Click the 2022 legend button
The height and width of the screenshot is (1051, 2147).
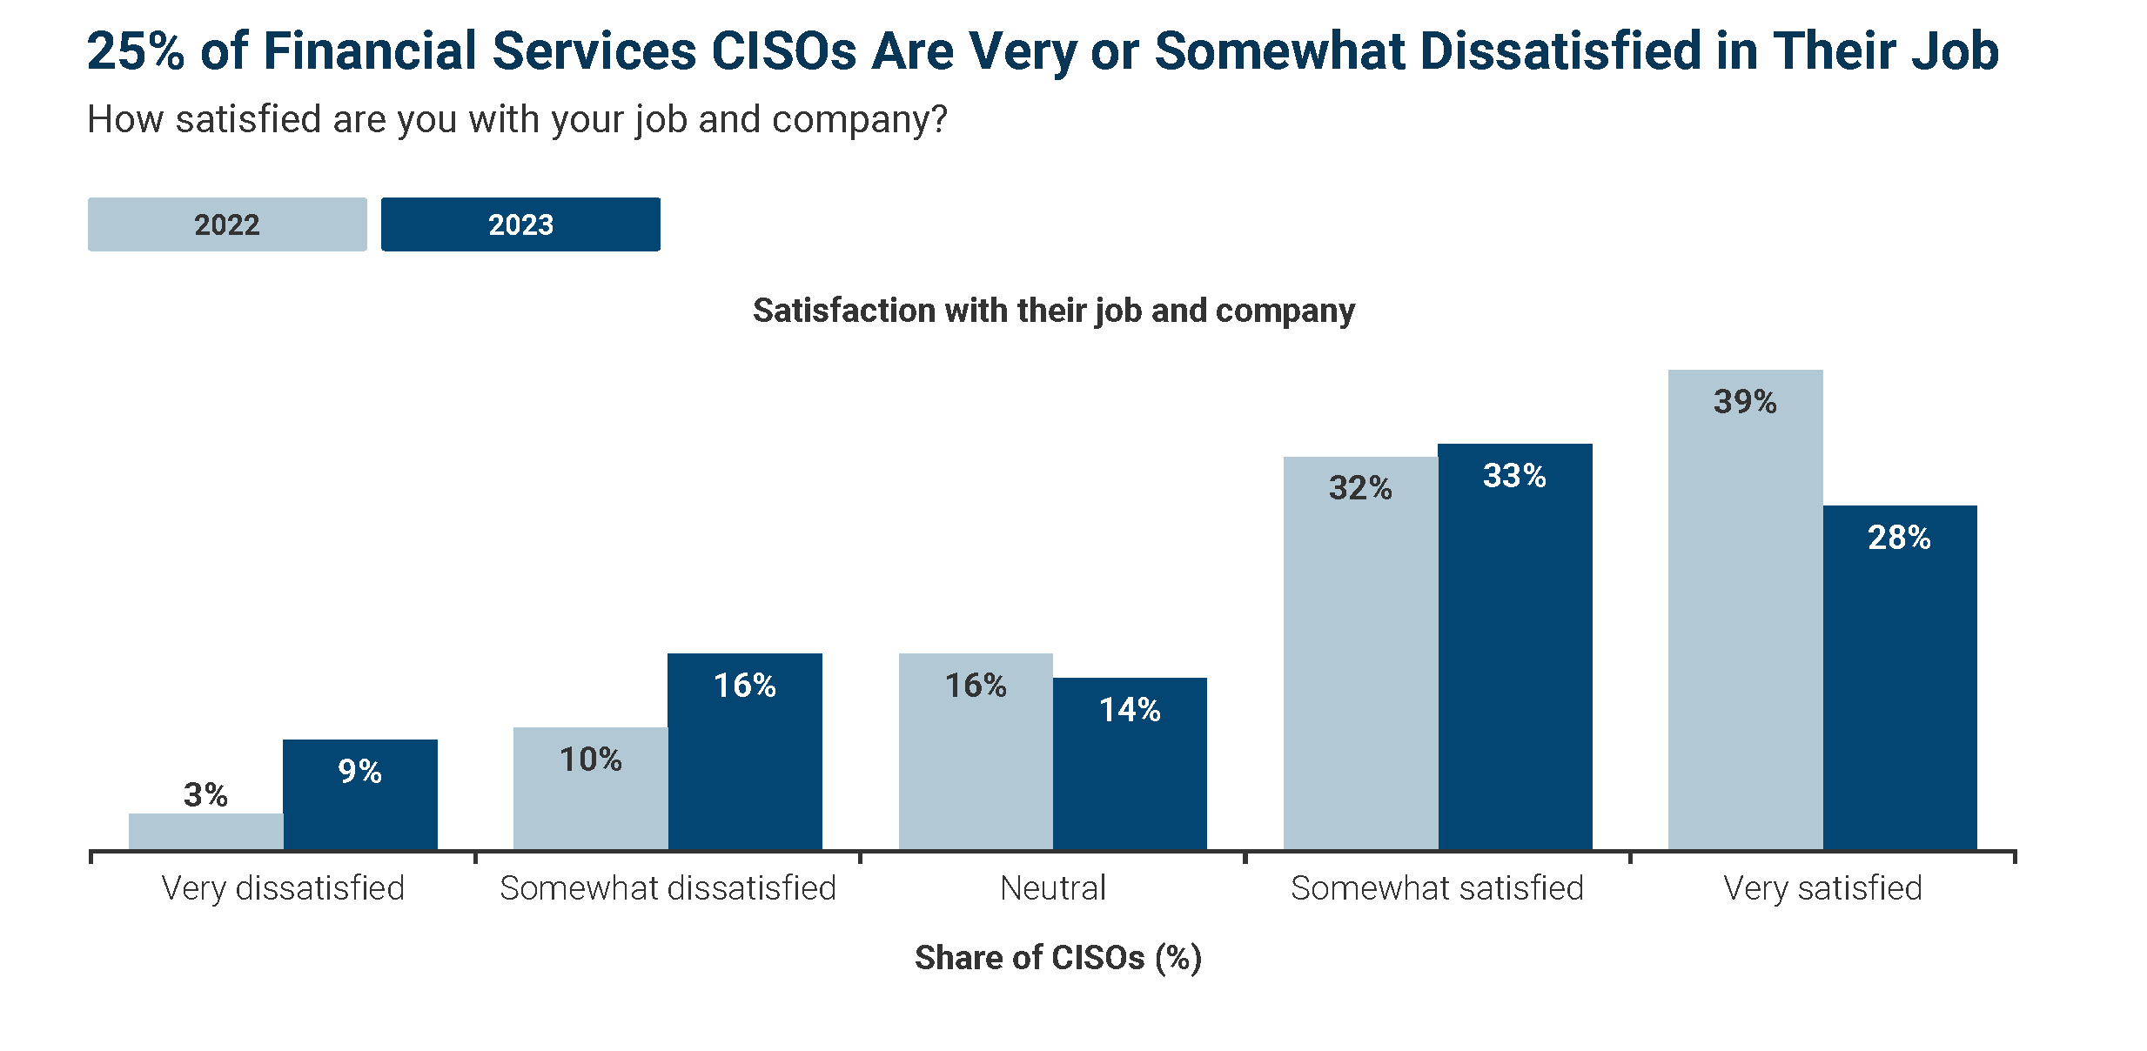(x=227, y=224)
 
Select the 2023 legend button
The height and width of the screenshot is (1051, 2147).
(x=520, y=224)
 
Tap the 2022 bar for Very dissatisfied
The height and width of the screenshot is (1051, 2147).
(x=206, y=832)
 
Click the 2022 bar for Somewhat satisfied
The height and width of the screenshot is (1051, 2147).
(x=1360, y=661)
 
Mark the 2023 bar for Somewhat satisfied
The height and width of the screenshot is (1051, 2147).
(x=1515, y=653)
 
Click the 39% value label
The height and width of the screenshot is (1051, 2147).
(x=1745, y=402)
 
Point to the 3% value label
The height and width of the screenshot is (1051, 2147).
(x=206, y=795)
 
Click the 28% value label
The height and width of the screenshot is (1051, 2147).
(x=1900, y=538)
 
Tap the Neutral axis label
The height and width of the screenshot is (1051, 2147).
(x=1053, y=888)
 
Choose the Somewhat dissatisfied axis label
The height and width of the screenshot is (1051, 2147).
(x=668, y=888)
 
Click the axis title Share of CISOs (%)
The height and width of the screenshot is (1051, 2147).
(x=1058, y=958)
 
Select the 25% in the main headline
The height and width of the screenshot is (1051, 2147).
(x=136, y=50)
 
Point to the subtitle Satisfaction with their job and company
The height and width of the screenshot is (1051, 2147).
(x=1053, y=311)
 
